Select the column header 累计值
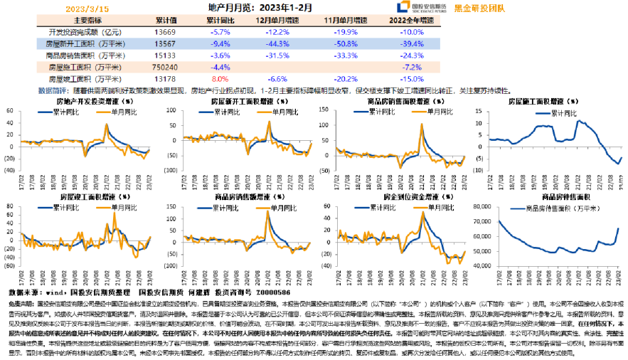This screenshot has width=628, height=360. [165, 21]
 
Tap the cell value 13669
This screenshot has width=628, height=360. [165, 32]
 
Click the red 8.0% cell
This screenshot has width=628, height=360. [220, 78]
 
